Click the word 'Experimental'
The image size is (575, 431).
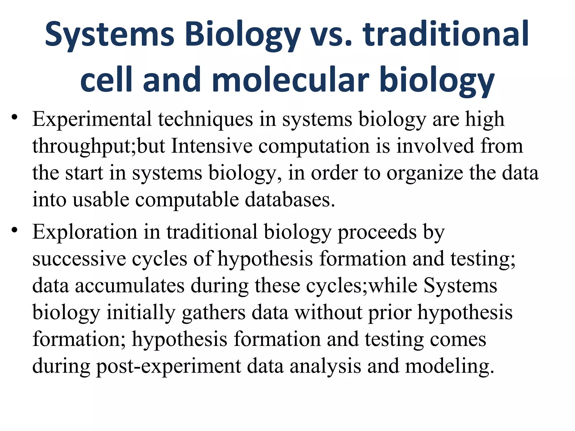coord(92,120)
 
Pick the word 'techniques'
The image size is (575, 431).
coord(205,120)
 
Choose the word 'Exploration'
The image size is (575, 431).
coord(85,232)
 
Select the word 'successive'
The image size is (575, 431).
coord(79,259)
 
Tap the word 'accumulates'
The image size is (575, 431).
coord(130,286)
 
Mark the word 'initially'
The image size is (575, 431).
coord(141,313)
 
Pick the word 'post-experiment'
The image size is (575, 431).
coord(169,367)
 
